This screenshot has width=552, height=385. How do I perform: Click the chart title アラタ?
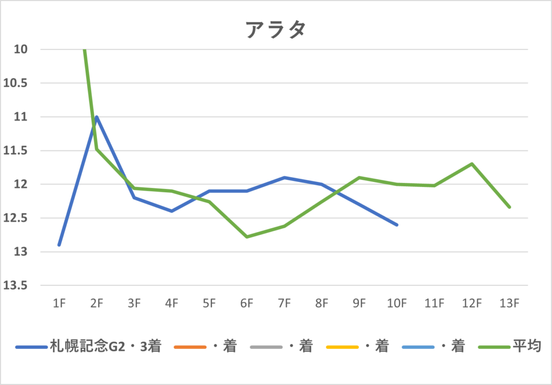[275, 30]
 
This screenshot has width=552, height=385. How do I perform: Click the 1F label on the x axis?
[59, 304]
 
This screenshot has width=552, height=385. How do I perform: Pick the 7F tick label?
[284, 304]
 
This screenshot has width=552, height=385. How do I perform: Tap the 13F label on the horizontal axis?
[509, 304]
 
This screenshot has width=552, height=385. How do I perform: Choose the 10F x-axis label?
[397, 304]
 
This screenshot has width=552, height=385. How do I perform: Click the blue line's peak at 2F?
[96, 117]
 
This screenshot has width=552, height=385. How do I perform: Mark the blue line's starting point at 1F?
[59, 245]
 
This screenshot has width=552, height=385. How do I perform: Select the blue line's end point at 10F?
[397, 225]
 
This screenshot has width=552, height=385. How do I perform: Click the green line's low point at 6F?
[247, 237]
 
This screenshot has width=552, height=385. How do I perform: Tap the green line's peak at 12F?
[472, 164]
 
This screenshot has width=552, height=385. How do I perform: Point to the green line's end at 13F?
[509, 207]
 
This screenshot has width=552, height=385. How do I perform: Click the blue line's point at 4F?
[171, 211]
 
